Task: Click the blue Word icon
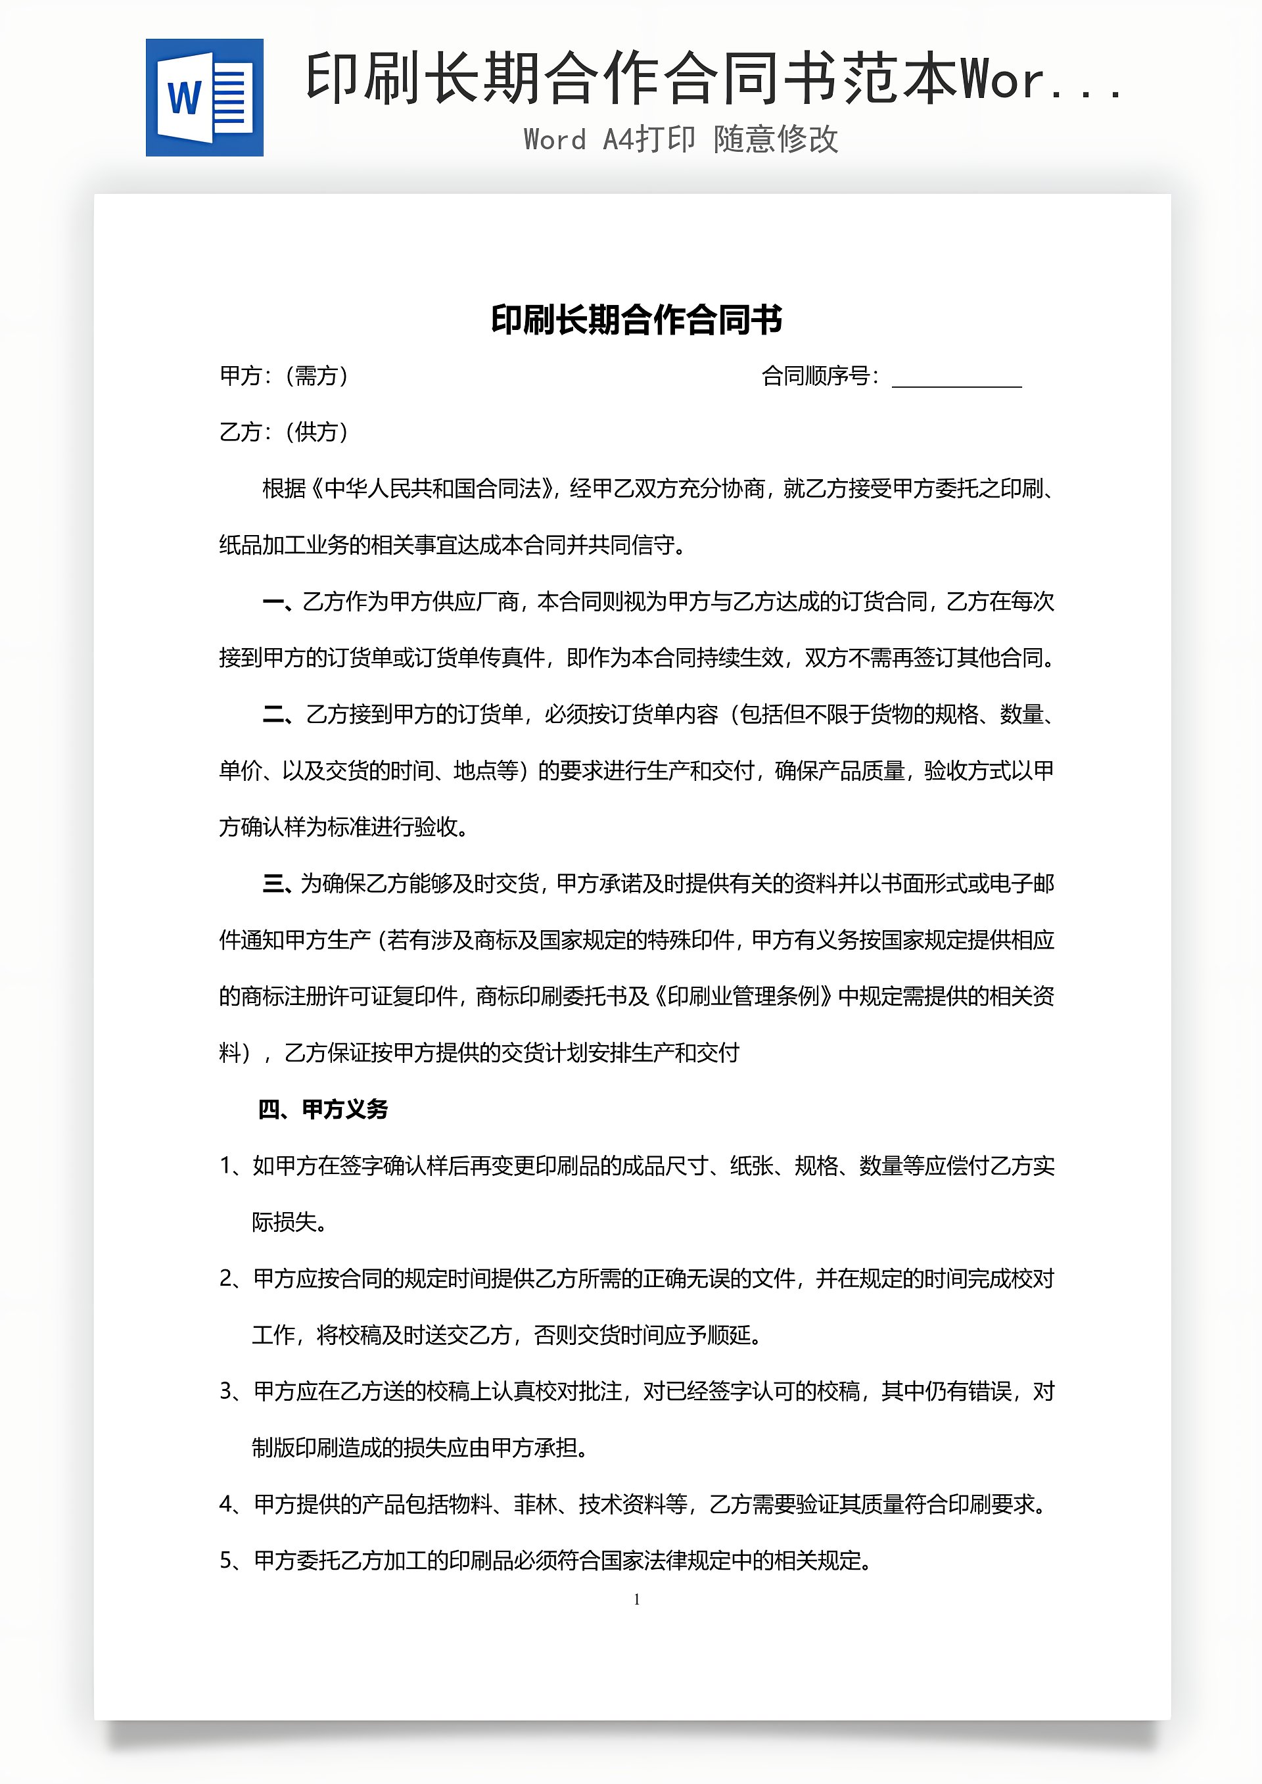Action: (x=204, y=98)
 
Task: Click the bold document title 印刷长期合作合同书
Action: (x=636, y=320)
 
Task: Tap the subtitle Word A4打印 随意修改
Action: (x=681, y=140)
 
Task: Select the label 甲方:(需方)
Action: (x=285, y=376)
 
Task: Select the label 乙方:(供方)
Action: (x=285, y=432)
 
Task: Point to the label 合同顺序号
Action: (x=819, y=376)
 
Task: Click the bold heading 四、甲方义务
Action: (x=323, y=1110)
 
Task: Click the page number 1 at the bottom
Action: (x=636, y=1599)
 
